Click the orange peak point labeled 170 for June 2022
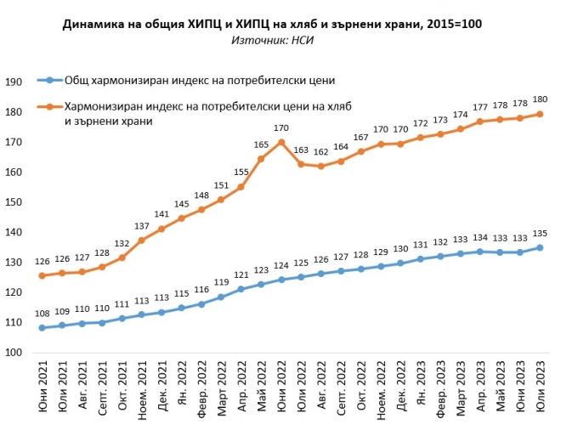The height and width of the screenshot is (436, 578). (x=281, y=142)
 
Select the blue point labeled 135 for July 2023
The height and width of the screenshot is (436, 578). (x=540, y=247)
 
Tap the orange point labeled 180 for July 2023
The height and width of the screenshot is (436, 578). (x=540, y=114)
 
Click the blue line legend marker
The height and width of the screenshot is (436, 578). (x=50, y=81)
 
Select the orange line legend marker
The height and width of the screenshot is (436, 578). (x=50, y=107)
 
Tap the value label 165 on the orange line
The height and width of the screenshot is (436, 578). (x=261, y=145)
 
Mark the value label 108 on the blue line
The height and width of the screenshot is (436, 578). (x=42, y=314)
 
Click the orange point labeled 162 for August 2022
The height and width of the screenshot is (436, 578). (x=320, y=167)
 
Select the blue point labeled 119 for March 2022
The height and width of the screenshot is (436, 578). (x=221, y=297)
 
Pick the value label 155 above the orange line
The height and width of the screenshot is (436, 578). (x=241, y=173)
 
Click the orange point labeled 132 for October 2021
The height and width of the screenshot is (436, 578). (x=122, y=257)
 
